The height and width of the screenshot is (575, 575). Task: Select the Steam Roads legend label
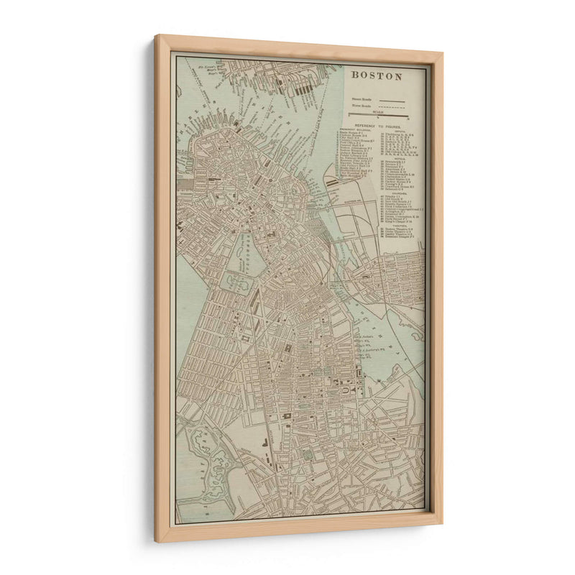[362, 99]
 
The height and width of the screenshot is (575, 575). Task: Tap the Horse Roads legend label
[362, 106]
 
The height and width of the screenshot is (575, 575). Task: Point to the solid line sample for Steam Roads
[392, 101]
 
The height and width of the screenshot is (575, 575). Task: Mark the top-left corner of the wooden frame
[157, 36]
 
